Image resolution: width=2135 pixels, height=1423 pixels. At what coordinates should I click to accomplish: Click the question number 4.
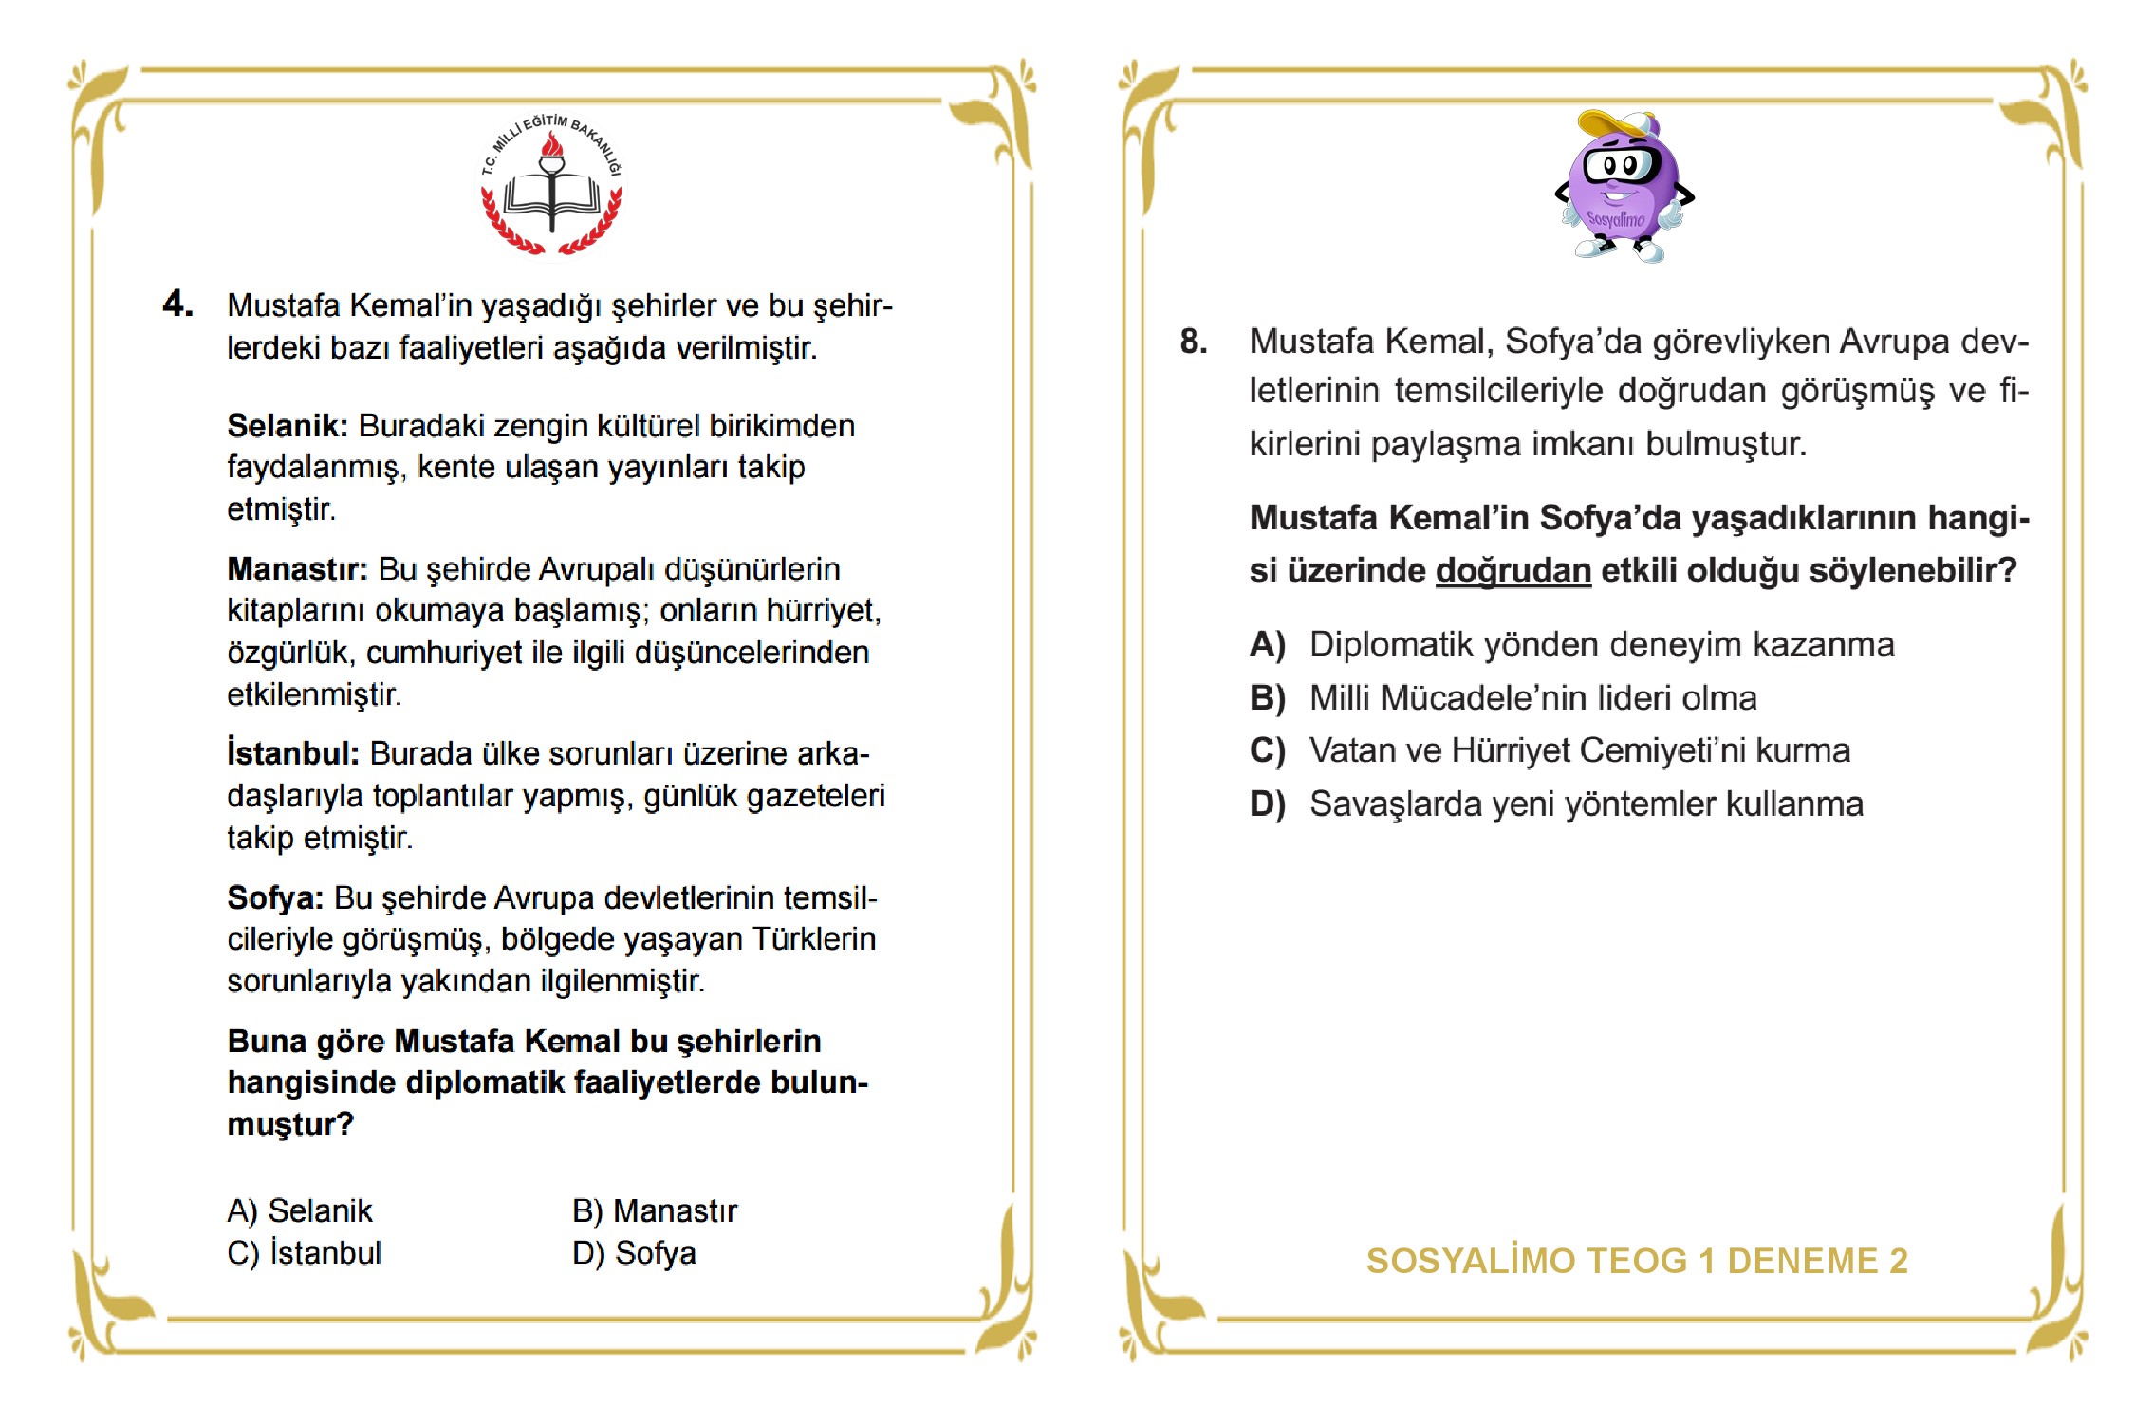click(177, 304)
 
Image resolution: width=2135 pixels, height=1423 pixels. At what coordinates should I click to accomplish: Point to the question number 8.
click(1194, 342)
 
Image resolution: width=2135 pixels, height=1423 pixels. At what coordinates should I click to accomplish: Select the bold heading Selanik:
click(288, 426)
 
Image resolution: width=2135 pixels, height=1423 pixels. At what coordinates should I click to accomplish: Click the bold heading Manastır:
click(297, 569)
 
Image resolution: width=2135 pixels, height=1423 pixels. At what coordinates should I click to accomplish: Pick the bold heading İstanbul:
click(293, 753)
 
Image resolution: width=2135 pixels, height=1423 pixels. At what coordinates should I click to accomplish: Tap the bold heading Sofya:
click(275, 897)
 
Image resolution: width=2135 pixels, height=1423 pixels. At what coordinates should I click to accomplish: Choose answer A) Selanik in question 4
click(300, 1211)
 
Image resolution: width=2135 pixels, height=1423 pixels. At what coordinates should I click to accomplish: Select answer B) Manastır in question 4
click(655, 1211)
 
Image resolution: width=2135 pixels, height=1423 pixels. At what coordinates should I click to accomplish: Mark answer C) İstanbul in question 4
click(304, 1253)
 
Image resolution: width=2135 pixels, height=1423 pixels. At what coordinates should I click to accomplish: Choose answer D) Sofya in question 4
click(634, 1253)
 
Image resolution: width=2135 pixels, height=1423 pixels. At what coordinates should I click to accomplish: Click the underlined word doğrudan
click(1513, 571)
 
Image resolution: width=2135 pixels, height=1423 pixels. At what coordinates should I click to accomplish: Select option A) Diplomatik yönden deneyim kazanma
click(1571, 645)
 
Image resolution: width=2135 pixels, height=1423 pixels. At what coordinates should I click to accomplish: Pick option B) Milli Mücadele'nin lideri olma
click(1503, 698)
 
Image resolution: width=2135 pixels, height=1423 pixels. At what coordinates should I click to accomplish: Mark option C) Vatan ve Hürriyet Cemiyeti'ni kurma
click(1550, 750)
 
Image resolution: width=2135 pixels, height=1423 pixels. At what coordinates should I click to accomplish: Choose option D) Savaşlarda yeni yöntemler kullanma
click(1556, 804)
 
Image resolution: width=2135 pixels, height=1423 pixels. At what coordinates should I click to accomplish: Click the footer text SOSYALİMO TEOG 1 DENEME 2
click(1637, 1261)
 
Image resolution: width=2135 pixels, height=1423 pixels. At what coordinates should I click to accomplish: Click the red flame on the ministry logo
click(551, 145)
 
